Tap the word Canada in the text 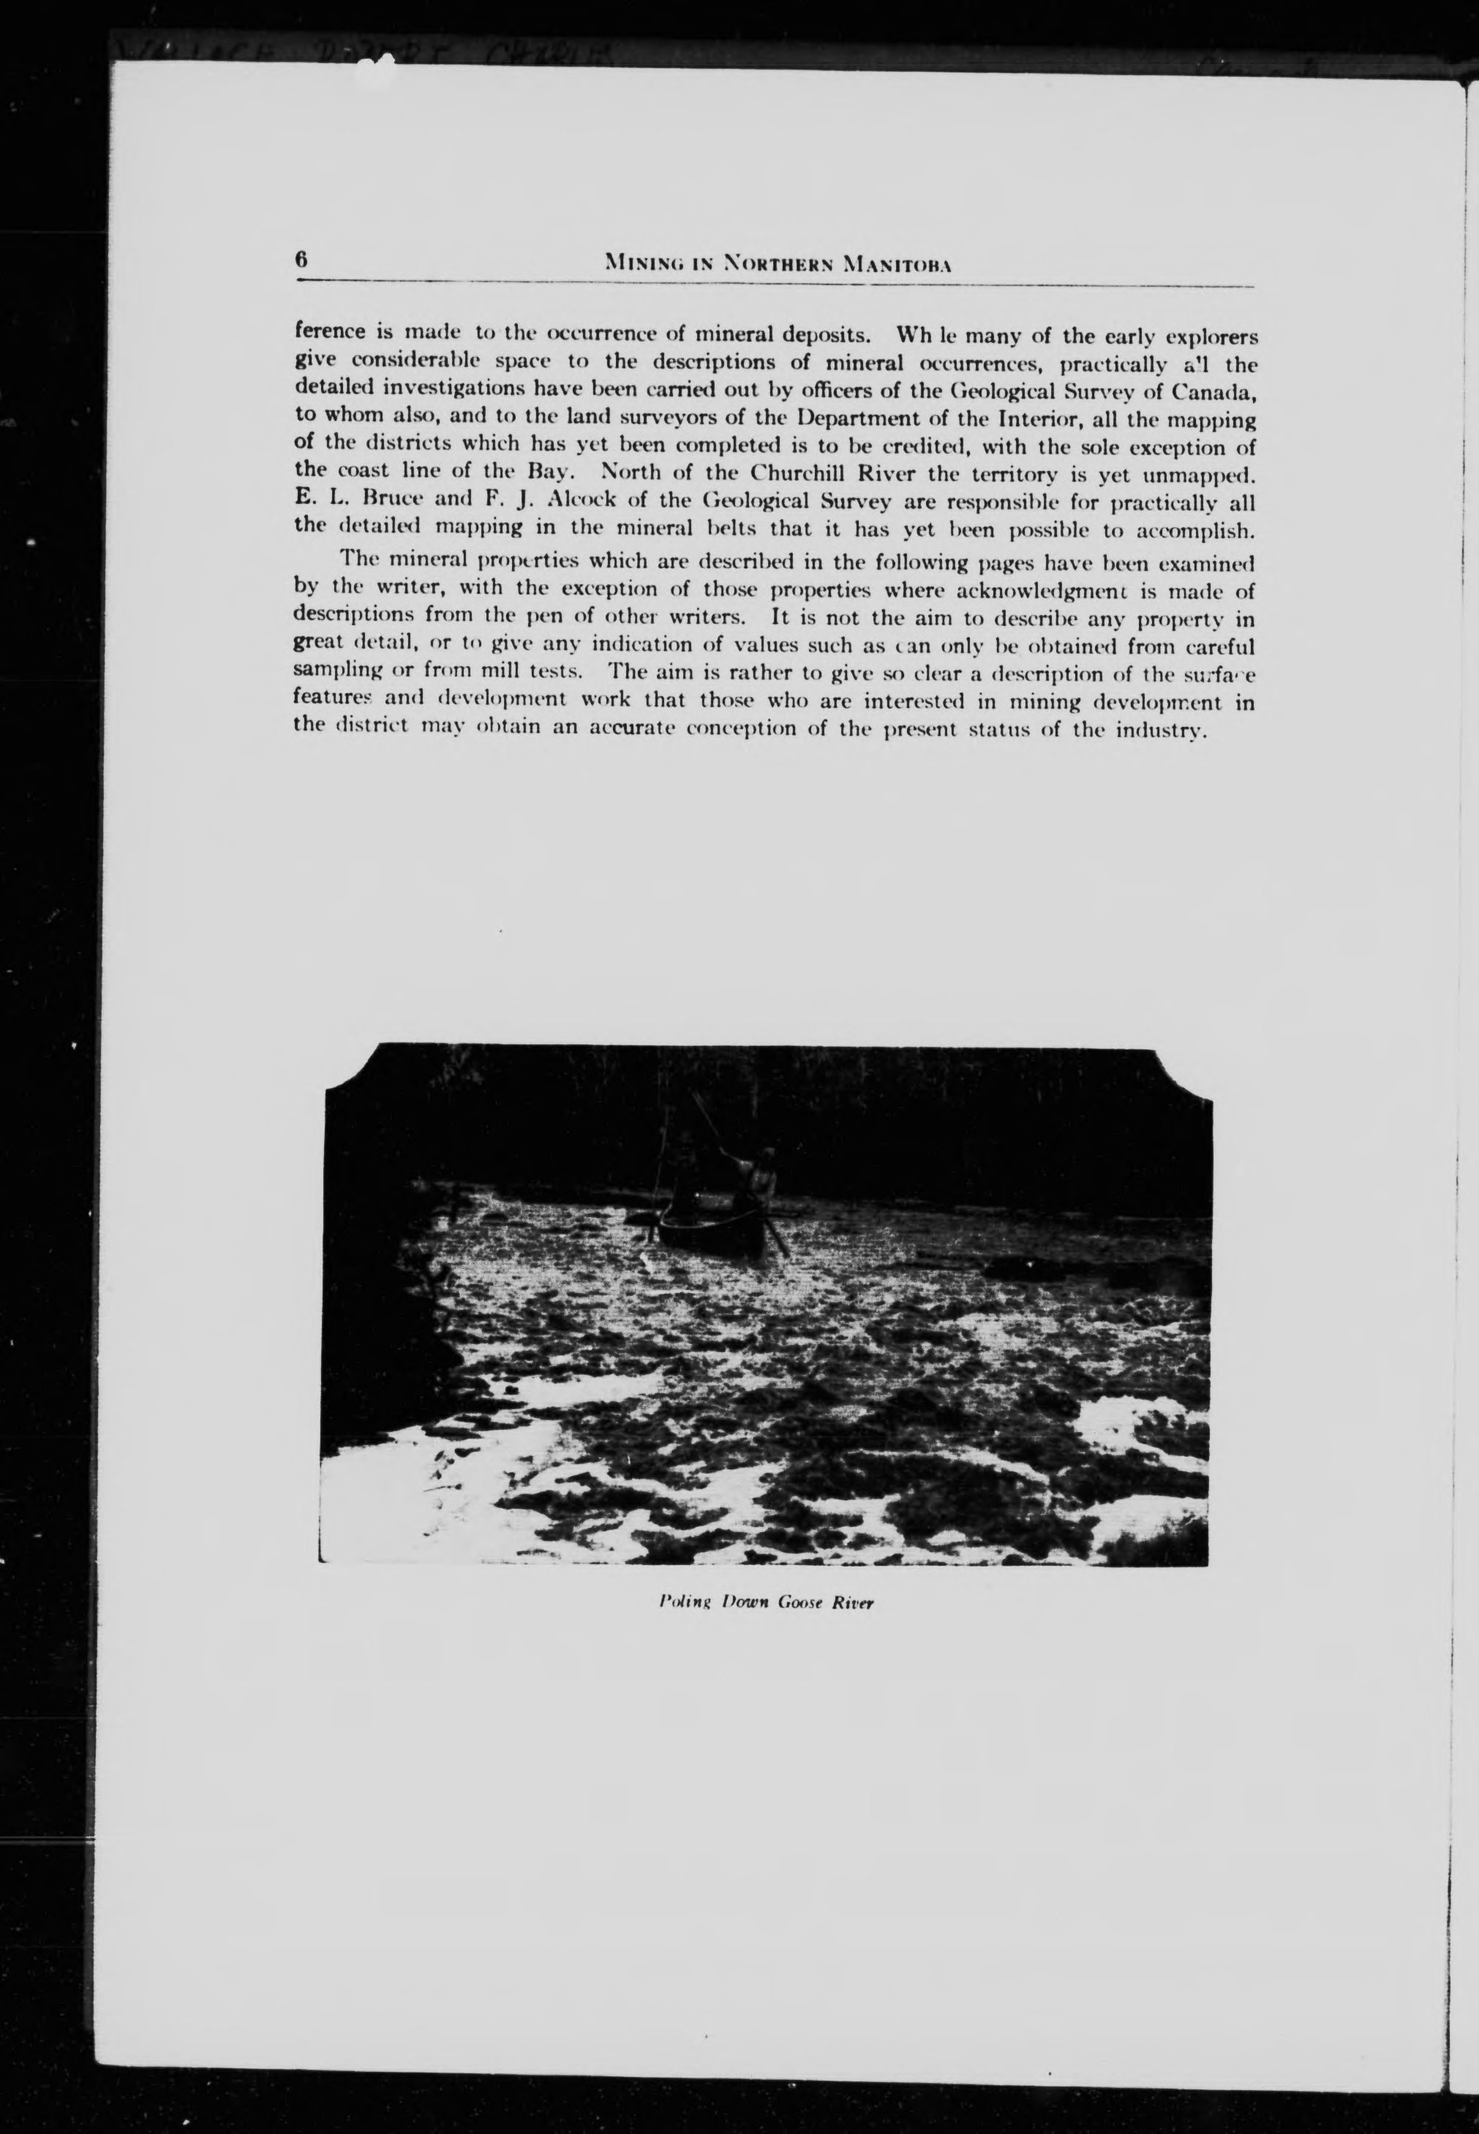click(x=1212, y=388)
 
